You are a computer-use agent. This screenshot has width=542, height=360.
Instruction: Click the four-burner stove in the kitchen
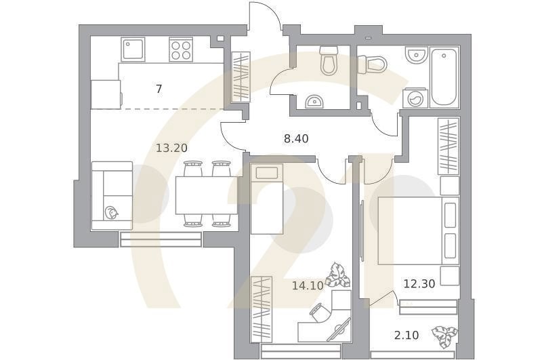coord(181,49)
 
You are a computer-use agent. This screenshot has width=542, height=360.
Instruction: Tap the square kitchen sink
coord(133,49)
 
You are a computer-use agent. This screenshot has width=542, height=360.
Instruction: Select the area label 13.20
coord(171,148)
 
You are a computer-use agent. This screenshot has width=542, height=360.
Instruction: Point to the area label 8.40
coord(296,139)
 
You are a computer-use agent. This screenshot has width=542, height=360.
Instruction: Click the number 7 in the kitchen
coord(159,89)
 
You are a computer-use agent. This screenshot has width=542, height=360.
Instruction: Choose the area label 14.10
coord(307,285)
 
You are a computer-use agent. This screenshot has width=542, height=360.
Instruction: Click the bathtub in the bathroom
coord(444,77)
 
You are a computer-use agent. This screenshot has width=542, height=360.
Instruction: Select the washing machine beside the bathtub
coord(415,99)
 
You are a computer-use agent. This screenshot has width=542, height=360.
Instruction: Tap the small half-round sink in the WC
coord(314,102)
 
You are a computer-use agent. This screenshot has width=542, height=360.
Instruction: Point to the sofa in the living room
coord(112,195)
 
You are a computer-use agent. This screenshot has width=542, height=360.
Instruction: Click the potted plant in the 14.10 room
coord(337,275)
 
